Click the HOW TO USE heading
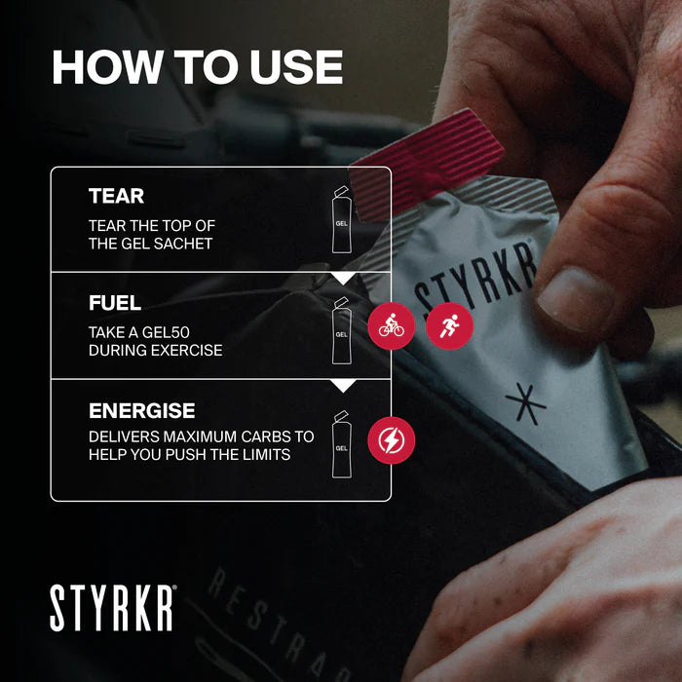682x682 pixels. click(197, 67)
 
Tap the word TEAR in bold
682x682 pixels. click(116, 196)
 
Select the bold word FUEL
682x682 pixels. click(115, 303)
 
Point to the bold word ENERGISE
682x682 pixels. click(142, 410)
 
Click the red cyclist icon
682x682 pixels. click(391, 326)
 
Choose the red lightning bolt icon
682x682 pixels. click(391, 439)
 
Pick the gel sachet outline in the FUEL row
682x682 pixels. click(341, 330)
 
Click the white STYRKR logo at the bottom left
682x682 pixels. click(113, 608)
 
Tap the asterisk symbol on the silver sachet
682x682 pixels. click(525, 400)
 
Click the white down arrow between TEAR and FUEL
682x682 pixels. click(342, 278)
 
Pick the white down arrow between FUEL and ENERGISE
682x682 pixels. click(342, 386)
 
